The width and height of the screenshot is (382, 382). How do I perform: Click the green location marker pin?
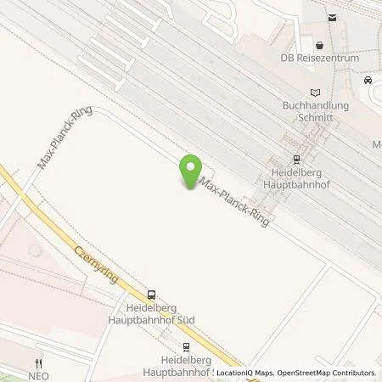(x=193, y=172)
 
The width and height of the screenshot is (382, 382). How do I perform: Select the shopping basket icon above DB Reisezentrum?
(x=319, y=44)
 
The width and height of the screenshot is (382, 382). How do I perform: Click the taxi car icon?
(x=367, y=80)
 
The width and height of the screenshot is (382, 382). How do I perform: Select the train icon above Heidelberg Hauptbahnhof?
(x=295, y=157)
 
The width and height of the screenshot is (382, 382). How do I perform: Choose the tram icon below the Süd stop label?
(x=184, y=345)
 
